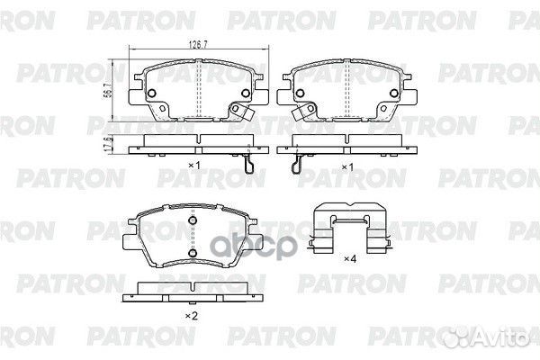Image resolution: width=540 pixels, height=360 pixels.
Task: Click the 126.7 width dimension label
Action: tap(198, 45)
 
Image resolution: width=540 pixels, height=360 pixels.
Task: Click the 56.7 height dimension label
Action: tap(107, 91)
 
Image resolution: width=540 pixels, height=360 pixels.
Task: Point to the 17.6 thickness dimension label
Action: tap(107, 144)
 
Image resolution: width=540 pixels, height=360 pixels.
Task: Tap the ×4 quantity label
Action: tap(350, 258)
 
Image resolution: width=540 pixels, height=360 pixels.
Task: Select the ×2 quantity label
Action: tap(192, 316)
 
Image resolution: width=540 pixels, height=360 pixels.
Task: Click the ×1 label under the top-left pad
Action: tap(194, 166)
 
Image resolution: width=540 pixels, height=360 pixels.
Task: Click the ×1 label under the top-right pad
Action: tap(347, 167)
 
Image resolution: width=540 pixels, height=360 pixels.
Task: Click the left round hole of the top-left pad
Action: tap(152, 93)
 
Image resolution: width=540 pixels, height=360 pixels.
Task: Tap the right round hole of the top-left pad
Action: tap(246, 93)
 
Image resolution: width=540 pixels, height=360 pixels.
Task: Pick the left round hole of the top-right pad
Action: tap(300, 93)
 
